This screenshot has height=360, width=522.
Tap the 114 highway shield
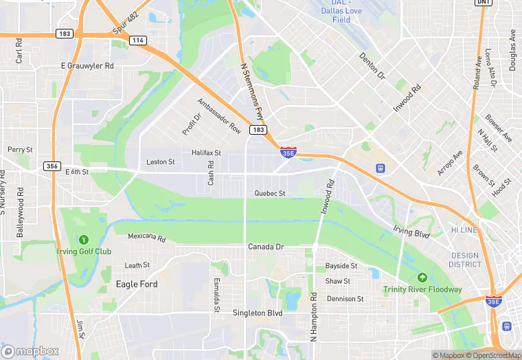click(x=139, y=41)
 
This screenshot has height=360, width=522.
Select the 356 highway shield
click(x=52, y=166)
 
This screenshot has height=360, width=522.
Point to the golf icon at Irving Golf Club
click(x=84, y=240)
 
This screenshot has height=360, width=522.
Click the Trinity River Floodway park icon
click(x=422, y=278)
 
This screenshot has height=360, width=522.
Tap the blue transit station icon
click(x=379, y=168)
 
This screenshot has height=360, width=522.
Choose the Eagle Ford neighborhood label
click(x=137, y=284)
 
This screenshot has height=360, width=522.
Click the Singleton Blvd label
click(x=257, y=313)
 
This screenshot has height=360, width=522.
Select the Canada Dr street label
click(x=266, y=247)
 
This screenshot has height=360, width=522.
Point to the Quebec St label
click(x=269, y=194)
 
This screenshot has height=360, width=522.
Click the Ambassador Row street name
click(x=219, y=116)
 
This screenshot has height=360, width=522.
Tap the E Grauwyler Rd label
click(x=87, y=66)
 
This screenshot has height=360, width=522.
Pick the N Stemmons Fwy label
click(x=251, y=93)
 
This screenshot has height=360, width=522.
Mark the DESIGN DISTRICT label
click(x=465, y=260)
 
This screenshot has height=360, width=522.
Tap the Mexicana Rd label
click(x=147, y=238)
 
